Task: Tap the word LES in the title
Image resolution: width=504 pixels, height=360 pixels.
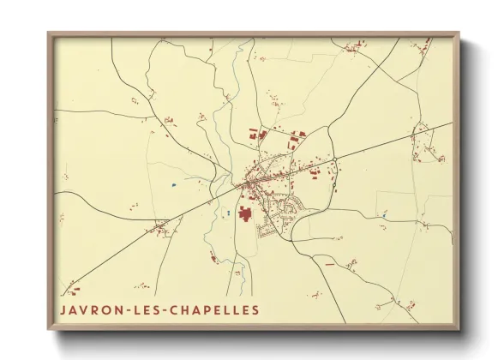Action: (141, 309)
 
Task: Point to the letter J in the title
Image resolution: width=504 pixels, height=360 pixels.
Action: (63, 309)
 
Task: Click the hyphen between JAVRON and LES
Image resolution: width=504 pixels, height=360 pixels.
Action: (123, 309)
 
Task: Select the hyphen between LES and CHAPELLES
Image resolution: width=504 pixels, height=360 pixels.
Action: (159, 309)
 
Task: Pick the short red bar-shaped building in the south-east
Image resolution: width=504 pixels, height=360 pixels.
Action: (329, 263)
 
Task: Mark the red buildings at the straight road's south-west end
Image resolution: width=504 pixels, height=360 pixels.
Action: (73, 286)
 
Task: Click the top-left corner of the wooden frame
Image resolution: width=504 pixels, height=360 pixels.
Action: (49, 33)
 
